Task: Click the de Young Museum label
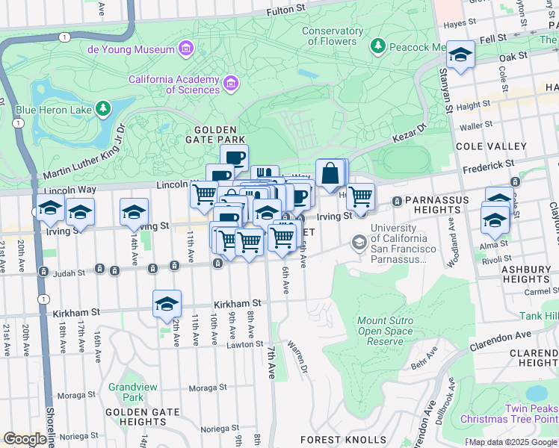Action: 131,49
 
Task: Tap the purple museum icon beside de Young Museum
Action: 186,49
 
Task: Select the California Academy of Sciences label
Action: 174,84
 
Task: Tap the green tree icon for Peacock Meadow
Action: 378,46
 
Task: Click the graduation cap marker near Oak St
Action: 461,55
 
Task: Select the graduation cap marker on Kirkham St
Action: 167,304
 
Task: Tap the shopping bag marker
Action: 330,174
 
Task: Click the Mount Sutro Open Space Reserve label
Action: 386,331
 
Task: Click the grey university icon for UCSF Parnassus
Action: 359,242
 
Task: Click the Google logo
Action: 25,439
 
